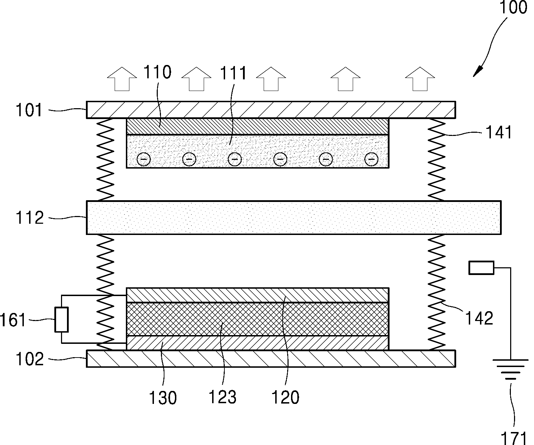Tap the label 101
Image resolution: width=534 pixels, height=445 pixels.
[29, 110]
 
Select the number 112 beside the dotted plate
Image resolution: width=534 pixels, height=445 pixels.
[30, 218]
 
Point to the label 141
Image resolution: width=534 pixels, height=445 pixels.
[499, 132]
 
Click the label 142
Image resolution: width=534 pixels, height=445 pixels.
[479, 319]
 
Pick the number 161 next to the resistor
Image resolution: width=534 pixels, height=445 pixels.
[13, 320]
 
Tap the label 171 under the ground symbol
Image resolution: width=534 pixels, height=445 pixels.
[513, 438]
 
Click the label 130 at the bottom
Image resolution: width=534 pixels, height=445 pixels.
[163, 398]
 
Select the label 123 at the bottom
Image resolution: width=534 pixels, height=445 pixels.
[222, 397]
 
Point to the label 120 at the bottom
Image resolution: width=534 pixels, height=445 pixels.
[285, 398]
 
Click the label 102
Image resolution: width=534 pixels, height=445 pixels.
[30, 359]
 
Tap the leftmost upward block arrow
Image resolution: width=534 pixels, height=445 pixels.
[122, 79]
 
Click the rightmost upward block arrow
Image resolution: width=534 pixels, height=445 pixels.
[420, 79]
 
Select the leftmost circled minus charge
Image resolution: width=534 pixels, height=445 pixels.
[143, 159]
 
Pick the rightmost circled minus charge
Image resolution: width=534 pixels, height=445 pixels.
[371, 159]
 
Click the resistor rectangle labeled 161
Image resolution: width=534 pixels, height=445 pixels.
[62, 320]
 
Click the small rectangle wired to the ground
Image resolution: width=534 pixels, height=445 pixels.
[481, 268]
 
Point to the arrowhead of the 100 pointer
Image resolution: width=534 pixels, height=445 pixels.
[477, 72]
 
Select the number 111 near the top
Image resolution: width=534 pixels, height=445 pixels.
[233, 73]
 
